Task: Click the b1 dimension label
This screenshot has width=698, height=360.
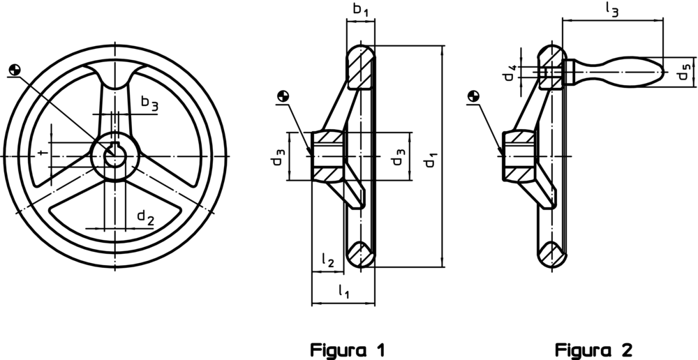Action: [x=361, y=9]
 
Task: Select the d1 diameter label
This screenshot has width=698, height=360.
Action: [x=429, y=160]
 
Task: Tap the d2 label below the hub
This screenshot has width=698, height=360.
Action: [x=146, y=217]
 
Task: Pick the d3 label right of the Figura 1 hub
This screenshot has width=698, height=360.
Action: [x=398, y=156]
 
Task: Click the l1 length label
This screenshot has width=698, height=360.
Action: [x=343, y=292]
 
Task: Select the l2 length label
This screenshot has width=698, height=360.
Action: [x=327, y=260]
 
